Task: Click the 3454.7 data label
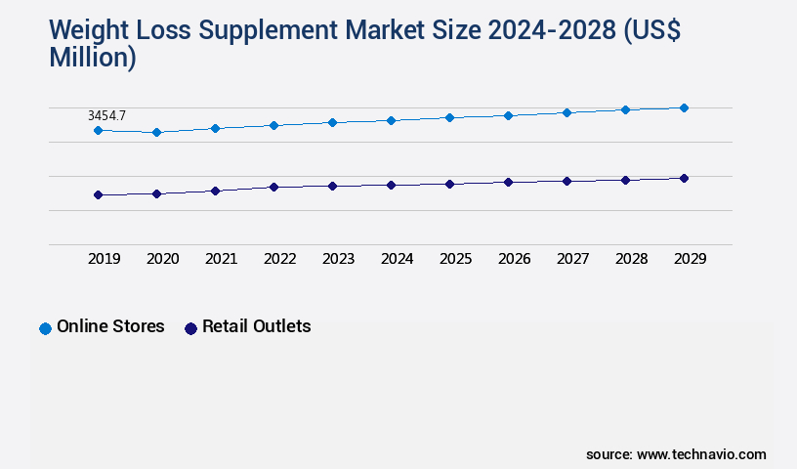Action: [106, 115]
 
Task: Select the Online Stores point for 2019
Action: [98, 130]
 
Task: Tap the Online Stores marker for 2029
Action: [684, 107]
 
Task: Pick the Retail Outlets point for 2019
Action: [98, 194]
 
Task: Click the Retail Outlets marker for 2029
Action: [684, 178]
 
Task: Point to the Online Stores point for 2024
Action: [391, 120]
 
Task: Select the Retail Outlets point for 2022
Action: [273, 187]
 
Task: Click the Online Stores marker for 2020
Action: [156, 132]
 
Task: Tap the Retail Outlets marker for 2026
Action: [508, 182]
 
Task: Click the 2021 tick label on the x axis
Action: [221, 259]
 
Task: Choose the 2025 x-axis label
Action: [455, 259]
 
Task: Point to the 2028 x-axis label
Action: [631, 259]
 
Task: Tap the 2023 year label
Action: [338, 259]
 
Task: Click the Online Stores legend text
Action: [110, 326]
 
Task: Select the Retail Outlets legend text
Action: [256, 326]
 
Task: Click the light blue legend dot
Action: [45, 328]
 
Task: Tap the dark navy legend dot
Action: [190, 328]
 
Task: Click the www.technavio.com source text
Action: [701, 454]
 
